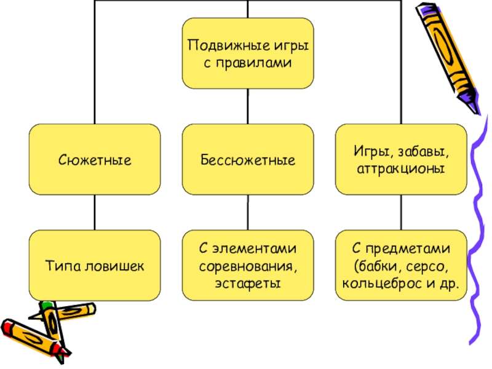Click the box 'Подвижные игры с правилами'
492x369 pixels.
247,53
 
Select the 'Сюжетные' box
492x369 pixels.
95,160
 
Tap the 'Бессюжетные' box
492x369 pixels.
247,160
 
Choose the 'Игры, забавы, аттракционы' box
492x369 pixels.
400,160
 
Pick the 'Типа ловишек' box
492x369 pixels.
95,266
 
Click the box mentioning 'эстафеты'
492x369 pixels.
247,266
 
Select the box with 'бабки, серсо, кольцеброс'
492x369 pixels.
400,266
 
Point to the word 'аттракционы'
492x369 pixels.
400,168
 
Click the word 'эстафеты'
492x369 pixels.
247,283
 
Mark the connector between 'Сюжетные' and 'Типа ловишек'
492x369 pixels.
95,212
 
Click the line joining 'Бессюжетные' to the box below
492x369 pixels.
247,212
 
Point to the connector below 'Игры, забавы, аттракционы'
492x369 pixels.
400,212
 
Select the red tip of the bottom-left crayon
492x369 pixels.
8,326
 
